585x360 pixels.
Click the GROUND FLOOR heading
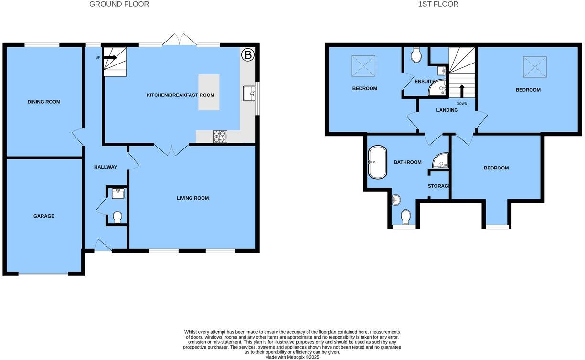click(119, 4)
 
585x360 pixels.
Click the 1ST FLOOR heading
click(438, 4)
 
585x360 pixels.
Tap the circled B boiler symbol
click(247, 55)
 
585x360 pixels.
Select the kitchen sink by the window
click(249, 93)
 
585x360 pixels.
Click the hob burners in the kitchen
click(220, 137)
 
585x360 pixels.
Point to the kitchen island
click(209, 92)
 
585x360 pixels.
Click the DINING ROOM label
click(44, 102)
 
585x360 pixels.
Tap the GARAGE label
click(44, 216)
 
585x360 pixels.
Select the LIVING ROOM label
click(192, 198)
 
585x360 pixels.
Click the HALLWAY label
click(106, 167)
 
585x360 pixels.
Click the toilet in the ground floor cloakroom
click(117, 217)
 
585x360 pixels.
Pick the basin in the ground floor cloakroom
click(117, 193)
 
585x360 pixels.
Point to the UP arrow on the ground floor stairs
click(110, 58)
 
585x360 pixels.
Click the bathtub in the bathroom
click(377, 162)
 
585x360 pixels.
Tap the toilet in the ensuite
click(416, 55)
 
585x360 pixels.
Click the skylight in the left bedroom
click(363, 66)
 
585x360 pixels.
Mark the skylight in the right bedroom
click(535, 67)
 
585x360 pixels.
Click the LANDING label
click(447, 110)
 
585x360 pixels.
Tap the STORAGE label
click(438, 186)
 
